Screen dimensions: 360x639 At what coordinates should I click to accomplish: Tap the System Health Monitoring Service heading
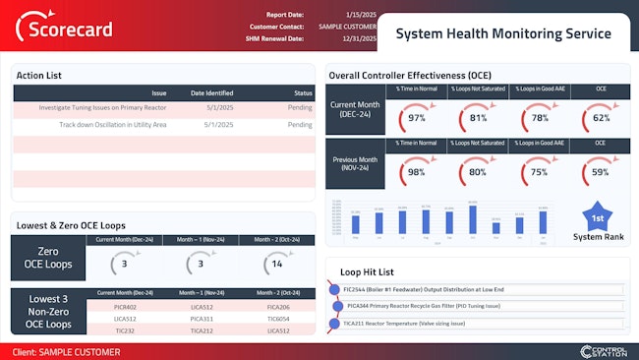tap(502, 33)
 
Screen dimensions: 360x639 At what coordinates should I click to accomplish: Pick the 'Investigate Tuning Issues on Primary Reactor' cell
tap(102, 107)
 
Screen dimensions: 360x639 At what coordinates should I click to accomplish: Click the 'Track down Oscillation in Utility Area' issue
tap(112, 125)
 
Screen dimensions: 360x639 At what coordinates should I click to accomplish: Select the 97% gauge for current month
tap(417, 117)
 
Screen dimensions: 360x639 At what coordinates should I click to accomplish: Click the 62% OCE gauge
tap(601, 117)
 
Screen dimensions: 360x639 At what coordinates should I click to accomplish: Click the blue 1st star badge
tap(597, 218)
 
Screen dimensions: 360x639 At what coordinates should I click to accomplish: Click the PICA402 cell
tap(125, 307)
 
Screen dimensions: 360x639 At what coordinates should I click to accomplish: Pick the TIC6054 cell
tap(278, 318)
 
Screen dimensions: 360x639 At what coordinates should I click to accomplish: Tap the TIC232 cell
tap(125, 330)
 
